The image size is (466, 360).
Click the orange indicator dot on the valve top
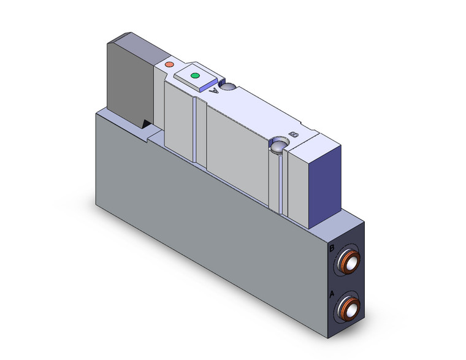click(170, 64)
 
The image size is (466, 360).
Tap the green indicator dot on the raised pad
click(196, 76)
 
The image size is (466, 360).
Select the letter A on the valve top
click(213, 90)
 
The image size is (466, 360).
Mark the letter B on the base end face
click(331, 249)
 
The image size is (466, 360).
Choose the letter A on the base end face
click(332, 294)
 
